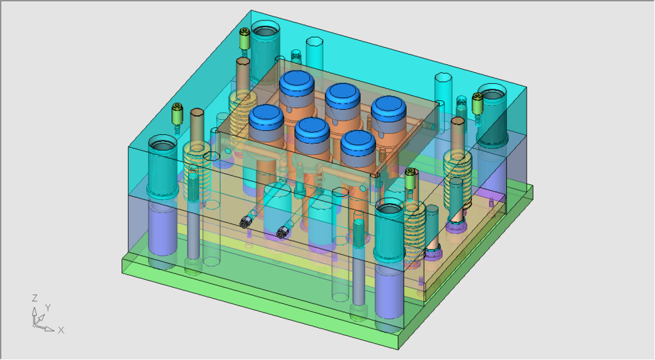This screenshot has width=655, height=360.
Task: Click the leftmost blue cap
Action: pyautogui.click(x=265, y=117)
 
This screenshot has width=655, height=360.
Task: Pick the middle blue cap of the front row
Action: pyautogui.click(x=312, y=127)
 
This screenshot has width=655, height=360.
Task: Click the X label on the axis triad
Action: pyautogui.click(x=61, y=330)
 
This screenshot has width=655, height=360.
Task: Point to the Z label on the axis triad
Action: pyautogui.click(x=34, y=299)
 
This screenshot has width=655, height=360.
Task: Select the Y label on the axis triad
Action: pyautogui.click(x=48, y=307)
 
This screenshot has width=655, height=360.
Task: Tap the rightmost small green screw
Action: pyautogui.click(x=478, y=104)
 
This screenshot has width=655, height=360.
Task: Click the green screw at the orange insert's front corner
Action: pyautogui.click(x=410, y=179)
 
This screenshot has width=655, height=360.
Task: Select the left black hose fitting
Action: pyautogui.click(x=246, y=221)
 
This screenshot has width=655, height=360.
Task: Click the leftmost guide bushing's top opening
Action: pyautogui.click(x=163, y=145)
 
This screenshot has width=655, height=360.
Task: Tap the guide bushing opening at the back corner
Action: pyautogui.click(x=265, y=31)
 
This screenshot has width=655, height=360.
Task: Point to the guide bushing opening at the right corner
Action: pyautogui.click(x=492, y=93)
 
